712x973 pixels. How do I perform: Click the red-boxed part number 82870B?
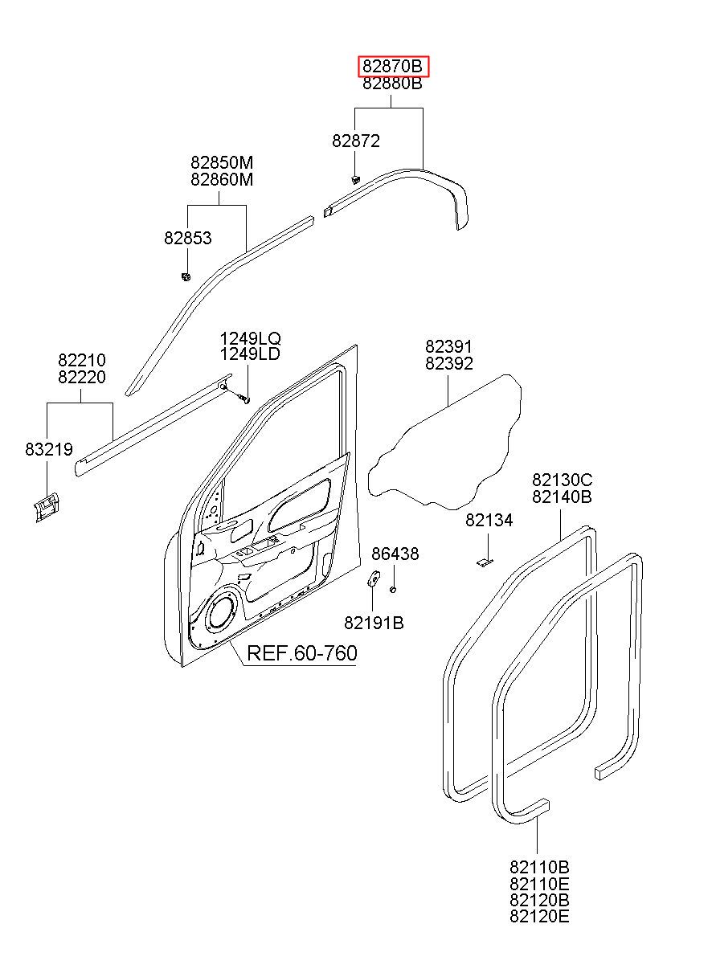tap(392, 67)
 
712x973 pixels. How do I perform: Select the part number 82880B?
tap(392, 83)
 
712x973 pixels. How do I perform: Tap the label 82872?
tap(356, 141)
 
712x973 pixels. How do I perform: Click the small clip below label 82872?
tap(355, 179)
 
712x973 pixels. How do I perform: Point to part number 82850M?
tap(222, 162)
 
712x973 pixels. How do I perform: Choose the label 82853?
tap(188, 238)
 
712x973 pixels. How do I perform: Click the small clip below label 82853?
tap(186, 276)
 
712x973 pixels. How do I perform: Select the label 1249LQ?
tap(250, 338)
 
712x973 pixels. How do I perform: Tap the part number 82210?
tap(82, 360)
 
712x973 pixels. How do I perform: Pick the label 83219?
tap(49, 449)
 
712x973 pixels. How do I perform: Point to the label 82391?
tap(448, 346)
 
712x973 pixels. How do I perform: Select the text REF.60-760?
tap(302, 653)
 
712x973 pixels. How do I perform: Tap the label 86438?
tap(395, 554)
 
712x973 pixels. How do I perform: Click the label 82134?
tap(489, 520)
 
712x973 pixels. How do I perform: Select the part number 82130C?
tap(563, 480)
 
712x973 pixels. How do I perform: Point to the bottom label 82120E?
tap(539, 916)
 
